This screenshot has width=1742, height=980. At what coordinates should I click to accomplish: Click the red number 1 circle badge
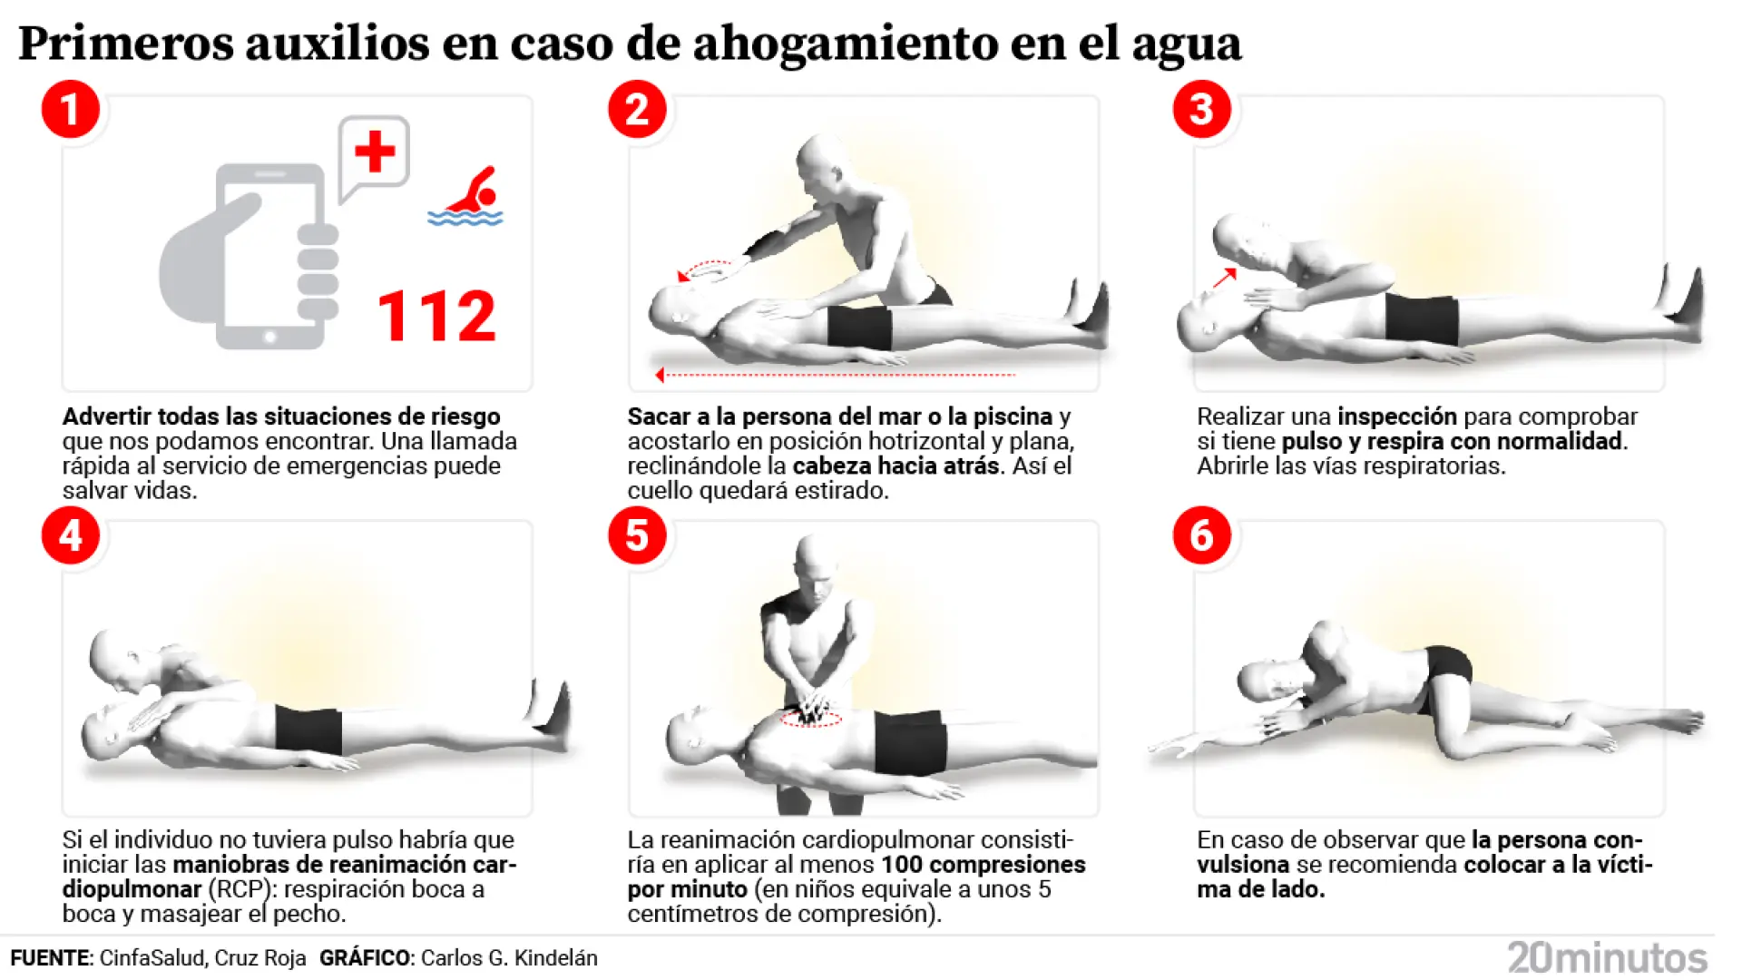point(70,110)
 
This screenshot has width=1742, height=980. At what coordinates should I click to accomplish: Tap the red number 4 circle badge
point(70,535)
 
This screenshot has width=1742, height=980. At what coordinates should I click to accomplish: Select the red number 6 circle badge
point(1201,535)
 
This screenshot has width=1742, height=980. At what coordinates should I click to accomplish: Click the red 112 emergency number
point(436,317)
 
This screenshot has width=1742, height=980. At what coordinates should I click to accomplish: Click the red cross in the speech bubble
point(374,152)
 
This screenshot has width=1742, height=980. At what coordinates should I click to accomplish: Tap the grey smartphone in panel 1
point(269,256)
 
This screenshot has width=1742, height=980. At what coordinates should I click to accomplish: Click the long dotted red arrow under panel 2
point(835,374)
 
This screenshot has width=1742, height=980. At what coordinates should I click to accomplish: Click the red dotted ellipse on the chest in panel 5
point(811,719)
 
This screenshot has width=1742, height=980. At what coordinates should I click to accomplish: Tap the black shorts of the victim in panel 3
point(1421,318)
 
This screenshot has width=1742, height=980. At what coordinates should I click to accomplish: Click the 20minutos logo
point(1607,957)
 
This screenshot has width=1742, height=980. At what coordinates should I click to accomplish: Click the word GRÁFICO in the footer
point(364,958)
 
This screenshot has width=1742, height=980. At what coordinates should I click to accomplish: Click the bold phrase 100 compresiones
point(983,865)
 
